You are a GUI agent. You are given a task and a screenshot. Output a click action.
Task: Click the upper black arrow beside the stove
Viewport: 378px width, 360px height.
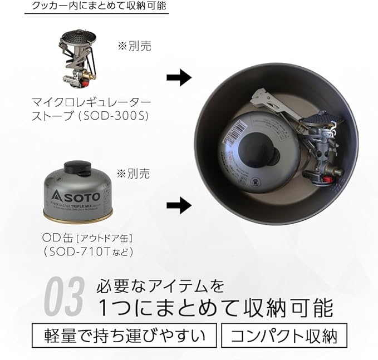coord(179,78)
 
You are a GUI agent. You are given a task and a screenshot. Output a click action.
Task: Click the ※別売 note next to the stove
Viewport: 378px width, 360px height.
coord(134,45)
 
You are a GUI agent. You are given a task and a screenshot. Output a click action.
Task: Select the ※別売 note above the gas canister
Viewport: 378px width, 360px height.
coord(134,174)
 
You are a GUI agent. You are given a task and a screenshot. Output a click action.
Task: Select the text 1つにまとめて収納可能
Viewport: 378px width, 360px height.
coord(215,307)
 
